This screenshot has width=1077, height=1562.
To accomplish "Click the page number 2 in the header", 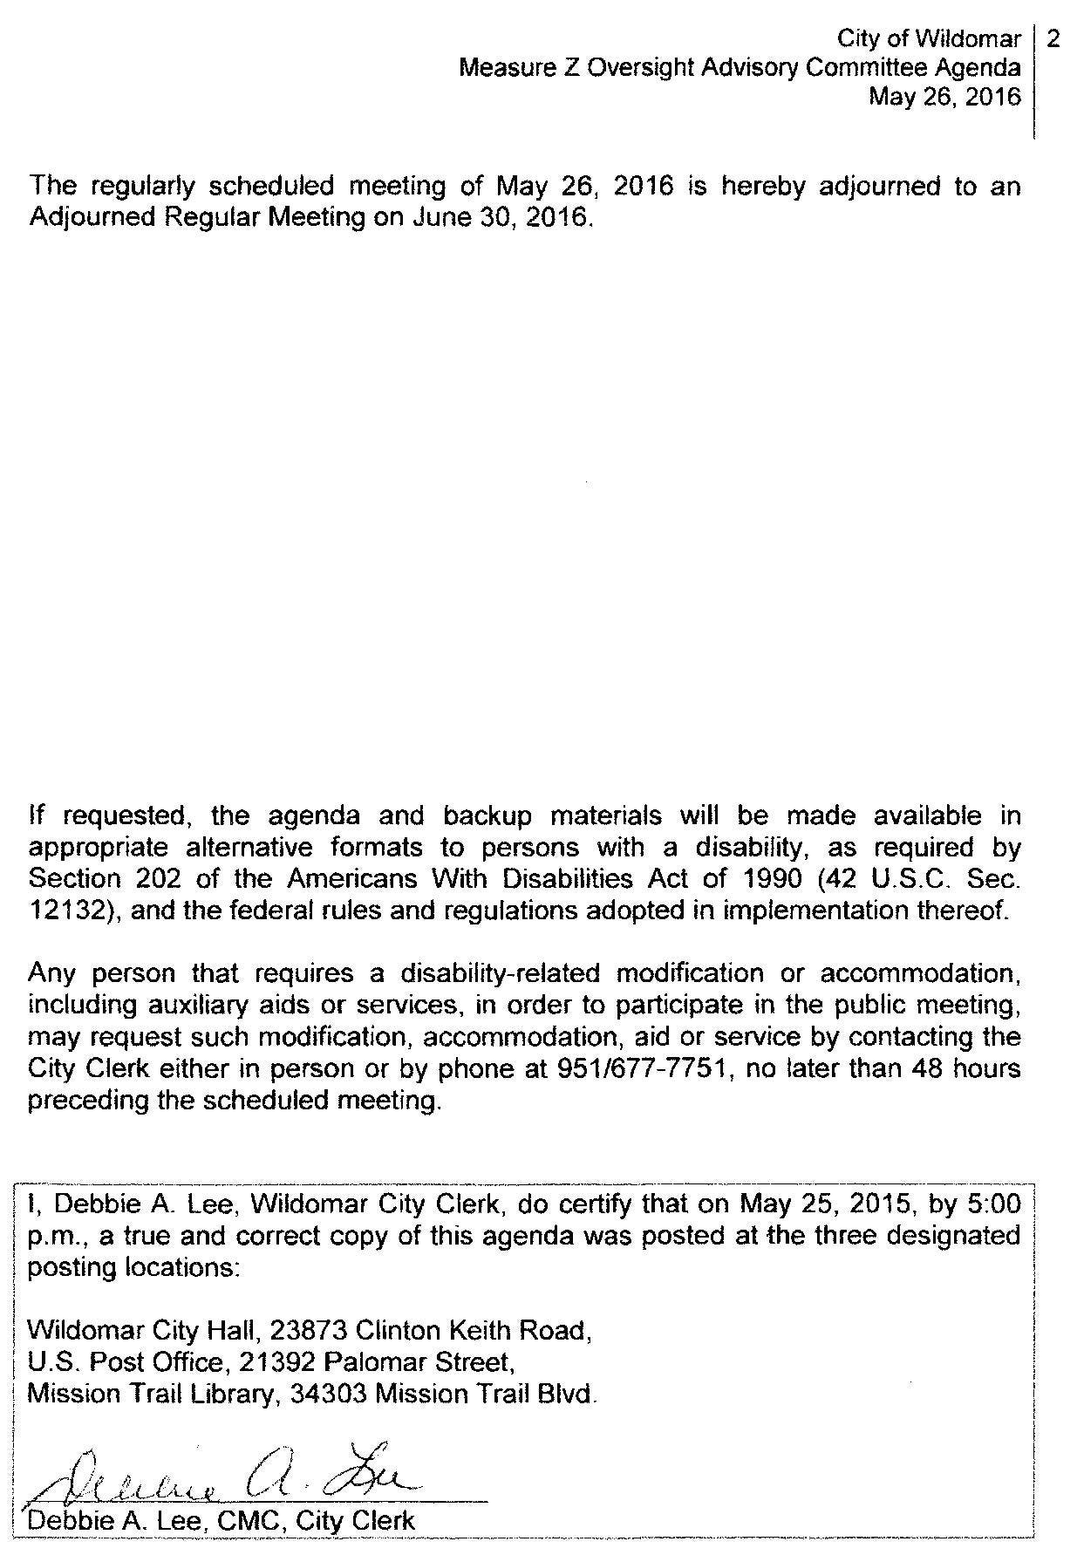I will [x=1053, y=39].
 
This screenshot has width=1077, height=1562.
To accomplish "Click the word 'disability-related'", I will [x=502, y=973].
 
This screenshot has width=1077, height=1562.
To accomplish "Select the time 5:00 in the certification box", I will [x=993, y=1204].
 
